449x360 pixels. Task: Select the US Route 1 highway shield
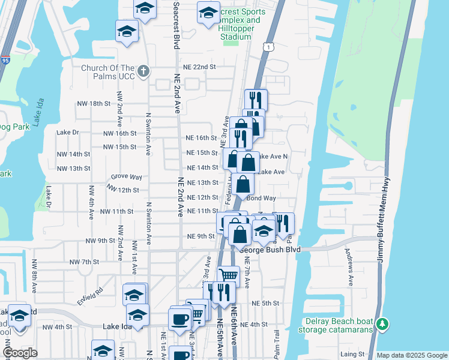[x=267, y=46]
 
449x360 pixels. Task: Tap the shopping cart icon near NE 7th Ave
[x=228, y=276]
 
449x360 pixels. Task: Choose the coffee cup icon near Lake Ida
[x=179, y=319]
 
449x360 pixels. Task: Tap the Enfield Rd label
[x=90, y=290]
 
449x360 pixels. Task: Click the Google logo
[x=20, y=353]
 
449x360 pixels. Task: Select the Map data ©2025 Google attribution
[x=411, y=355]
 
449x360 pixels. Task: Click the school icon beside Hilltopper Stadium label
[x=208, y=13]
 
